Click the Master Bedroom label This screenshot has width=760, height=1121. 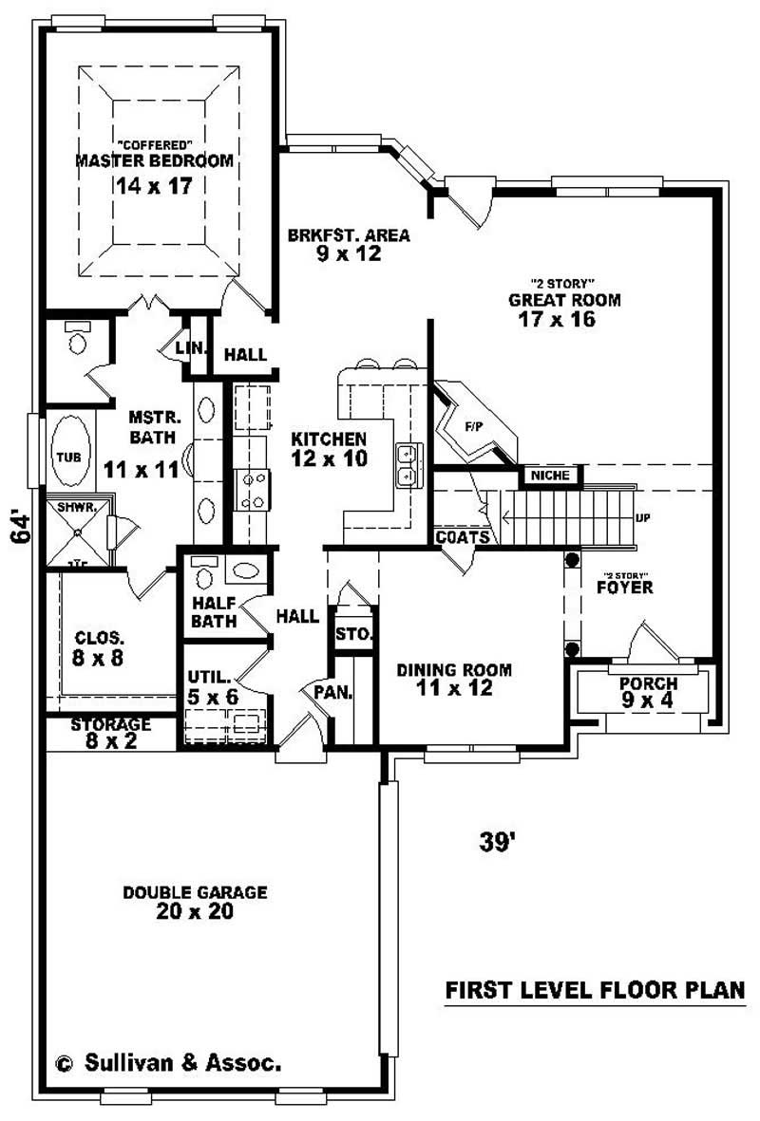pos(153,160)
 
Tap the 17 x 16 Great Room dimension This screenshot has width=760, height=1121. pos(557,320)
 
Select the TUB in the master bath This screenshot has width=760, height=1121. pos(66,457)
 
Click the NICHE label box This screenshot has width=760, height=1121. pos(549,475)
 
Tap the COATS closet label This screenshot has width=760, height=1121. pos(464,537)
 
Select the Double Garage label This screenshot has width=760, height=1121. pos(195,892)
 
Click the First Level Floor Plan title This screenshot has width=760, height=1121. pos(596,990)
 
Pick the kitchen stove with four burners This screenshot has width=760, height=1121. pos(253,490)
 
